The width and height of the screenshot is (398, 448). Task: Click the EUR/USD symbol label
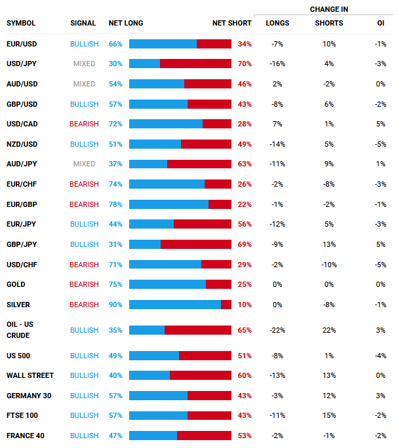pyautogui.click(x=22, y=44)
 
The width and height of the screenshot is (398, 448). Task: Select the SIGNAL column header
pyautogui.click(x=83, y=24)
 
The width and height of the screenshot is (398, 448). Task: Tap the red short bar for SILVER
pyautogui.click(x=226, y=305)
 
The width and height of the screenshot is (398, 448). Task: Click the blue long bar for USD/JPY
pyautogui.click(x=144, y=64)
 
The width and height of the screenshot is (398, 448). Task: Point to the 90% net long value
pyautogui.click(x=115, y=305)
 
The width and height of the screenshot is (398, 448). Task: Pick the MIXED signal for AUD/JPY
pyautogui.click(x=84, y=164)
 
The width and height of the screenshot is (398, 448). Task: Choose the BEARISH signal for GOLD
pyautogui.click(x=84, y=284)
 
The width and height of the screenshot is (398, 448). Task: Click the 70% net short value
pyautogui.click(x=245, y=64)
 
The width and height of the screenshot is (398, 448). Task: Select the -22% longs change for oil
pyautogui.click(x=277, y=330)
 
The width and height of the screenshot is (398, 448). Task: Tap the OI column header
pyautogui.click(x=381, y=24)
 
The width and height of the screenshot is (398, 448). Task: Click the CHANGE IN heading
pyautogui.click(x=328, y=10)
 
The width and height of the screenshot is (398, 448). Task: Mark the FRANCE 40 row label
pyautogui.click(x=25, y=436)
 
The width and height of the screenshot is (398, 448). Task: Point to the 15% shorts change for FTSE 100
pyautogui.click(x=329, y=416)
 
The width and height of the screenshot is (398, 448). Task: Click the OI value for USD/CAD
pyautogui.click(x=381, y=124)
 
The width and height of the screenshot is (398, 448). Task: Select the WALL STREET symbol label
pyautogui.click(x=30, y=376)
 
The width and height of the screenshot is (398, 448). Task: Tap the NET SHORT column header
pyautogui.click(x=231, y=24)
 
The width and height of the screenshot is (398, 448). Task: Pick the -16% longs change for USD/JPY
pyautogui.click(x=277, y=64)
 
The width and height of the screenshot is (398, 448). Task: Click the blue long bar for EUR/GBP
pyautogui.click(x=169, y=204)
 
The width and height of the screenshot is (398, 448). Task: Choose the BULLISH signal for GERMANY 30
pyautogui.click(x=84, y=396)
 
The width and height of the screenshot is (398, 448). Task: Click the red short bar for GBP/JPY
pyautogui.click(x=196, y=244)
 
